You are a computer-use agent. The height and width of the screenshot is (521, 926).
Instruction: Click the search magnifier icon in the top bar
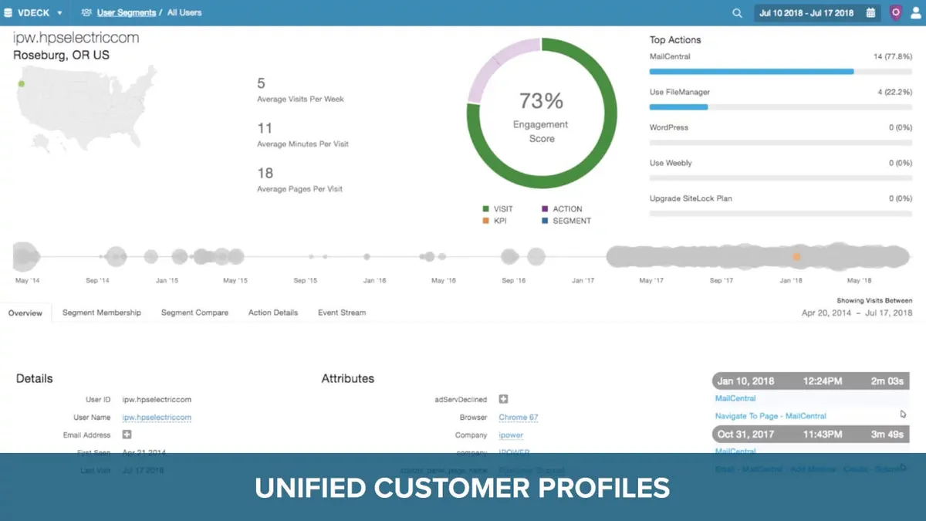(737, 13)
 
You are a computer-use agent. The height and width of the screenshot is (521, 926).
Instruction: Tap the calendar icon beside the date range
(871, 13)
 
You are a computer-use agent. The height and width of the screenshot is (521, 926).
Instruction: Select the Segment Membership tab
(102, 313)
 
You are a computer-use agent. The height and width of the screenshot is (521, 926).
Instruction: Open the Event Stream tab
(342, 313)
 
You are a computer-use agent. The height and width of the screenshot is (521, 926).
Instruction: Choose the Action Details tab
(273, 313)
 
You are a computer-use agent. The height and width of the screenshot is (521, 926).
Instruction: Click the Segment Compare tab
(194, 313)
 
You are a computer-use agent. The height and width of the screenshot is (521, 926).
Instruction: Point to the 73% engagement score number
(541, 101)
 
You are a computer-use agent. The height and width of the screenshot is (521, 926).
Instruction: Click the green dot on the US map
(22, 84)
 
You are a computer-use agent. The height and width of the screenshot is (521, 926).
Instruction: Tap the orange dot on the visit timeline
(796, 256)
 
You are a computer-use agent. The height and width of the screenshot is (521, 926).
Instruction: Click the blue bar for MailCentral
(751, 72)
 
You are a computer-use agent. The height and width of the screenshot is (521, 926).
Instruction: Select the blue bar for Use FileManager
(678, 107)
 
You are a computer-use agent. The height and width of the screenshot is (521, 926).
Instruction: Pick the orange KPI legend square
(486, 221)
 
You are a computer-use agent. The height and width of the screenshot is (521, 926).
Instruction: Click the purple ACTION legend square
(545, 209)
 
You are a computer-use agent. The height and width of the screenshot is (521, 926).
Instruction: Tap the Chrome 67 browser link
(518, 418)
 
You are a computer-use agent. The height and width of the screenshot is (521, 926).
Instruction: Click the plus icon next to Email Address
(127, 435)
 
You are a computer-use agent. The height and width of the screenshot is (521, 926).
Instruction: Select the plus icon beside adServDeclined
(503, 399)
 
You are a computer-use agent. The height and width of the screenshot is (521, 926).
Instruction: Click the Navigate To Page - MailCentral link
(770, 416)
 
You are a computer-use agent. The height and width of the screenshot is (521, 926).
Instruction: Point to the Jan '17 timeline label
(583, 281)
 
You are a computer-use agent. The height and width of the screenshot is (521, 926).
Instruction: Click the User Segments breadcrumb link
(126, 13)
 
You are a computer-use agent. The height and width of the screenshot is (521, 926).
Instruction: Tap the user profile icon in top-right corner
(914, 13)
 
